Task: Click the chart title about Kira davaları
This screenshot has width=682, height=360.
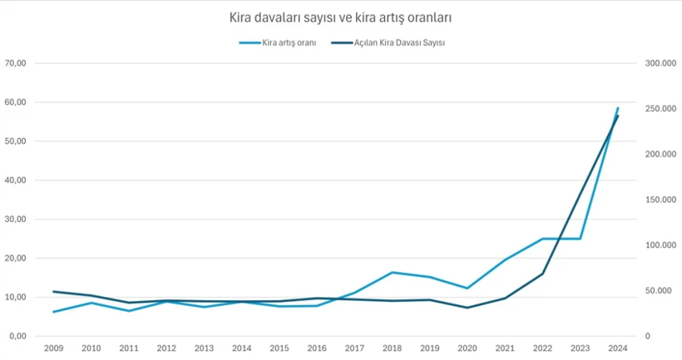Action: click(x=341, y=17)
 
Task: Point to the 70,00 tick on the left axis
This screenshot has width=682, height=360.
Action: click(x=17, y=63)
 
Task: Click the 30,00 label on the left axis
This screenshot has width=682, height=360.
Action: click(x=17, y=219)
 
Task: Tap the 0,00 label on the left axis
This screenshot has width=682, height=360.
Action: click(x=19, y=337)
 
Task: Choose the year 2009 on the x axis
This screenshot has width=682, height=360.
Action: click(x=53, y=349)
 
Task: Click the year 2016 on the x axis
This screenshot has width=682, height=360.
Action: click(x=317, y=349)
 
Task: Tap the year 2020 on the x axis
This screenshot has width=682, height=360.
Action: click(x=467, y=349)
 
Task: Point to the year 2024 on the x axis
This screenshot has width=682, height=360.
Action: click(x=618, y=349)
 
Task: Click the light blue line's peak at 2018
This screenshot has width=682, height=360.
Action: click(x=392, y=273)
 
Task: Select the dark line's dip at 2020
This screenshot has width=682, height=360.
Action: click(x=467, y=308)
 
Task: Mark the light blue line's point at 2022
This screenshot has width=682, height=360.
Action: click(x=542, y=239)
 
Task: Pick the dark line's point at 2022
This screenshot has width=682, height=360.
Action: click(x=542, y=274)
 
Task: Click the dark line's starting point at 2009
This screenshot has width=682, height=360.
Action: click(x=53, y=292)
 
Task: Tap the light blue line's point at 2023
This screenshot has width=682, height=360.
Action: click(x=581, y=239)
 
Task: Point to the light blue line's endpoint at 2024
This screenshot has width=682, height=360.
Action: click(x=618, y=108)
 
